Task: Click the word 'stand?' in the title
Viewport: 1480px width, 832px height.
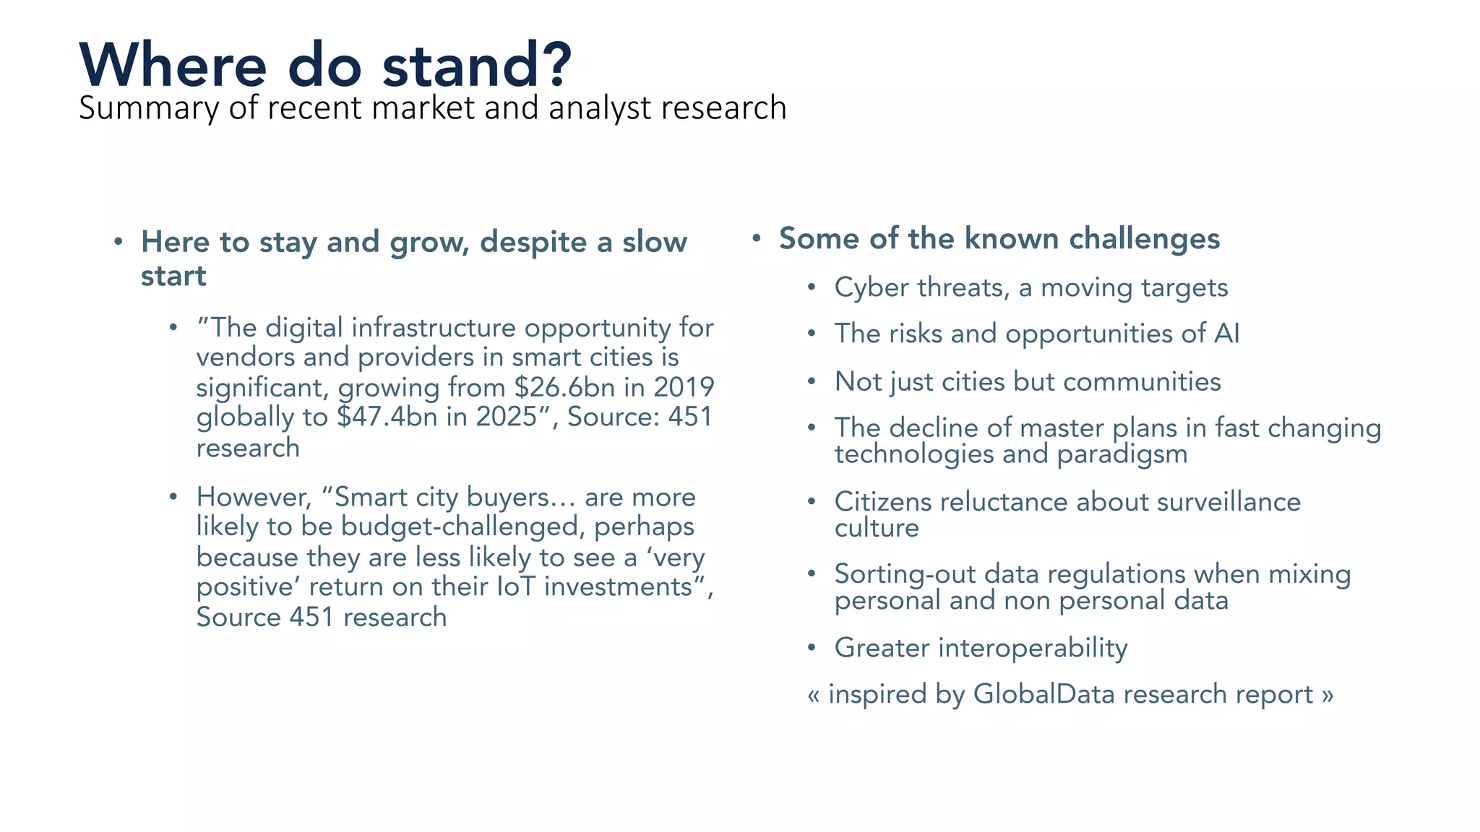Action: click(x=477, y=65)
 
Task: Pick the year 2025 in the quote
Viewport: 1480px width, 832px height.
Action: click(x=507, y=417)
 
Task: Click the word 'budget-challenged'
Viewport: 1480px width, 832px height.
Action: click(x=462, y=527)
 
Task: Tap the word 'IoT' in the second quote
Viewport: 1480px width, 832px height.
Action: click(x=516, y=586)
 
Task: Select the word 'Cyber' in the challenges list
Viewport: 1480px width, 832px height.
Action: click(x=872, y=288)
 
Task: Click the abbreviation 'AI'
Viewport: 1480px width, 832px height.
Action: click(x=1226, y=334)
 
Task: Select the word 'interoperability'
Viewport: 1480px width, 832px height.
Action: click(x=1033, y=649)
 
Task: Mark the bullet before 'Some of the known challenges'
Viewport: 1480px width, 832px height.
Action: click(x=756, y=238)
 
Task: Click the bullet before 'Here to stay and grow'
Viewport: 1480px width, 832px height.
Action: click(x=119, y=242)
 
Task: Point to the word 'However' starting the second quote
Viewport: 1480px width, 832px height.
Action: click(x=253, y=498)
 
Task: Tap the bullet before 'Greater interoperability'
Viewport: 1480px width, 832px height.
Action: click(x=812, y=648)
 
